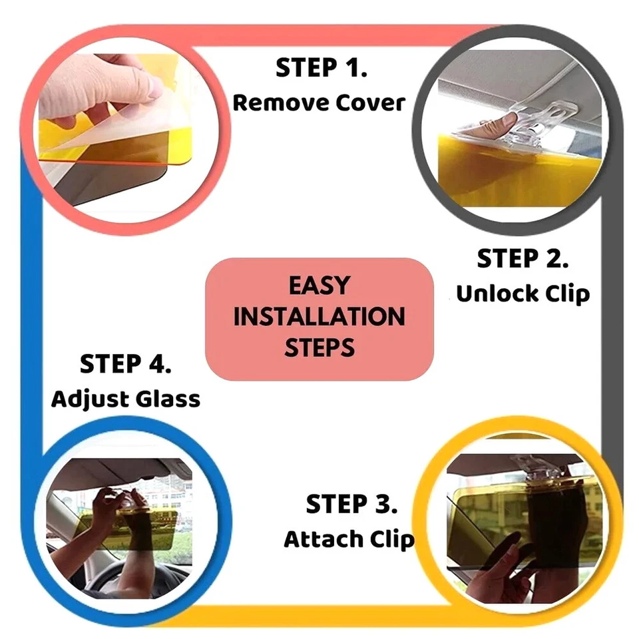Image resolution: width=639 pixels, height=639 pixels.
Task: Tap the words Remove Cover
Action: pos(319,103)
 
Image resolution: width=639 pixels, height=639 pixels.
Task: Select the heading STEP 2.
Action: pos(523,260)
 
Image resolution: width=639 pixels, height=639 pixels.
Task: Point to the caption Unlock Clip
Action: pos(523,294)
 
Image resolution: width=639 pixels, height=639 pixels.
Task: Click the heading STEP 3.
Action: pos(351,505)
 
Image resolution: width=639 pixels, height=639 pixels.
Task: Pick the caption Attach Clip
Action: pos(349,539)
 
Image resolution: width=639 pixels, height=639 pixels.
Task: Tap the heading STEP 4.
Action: pos(126,364)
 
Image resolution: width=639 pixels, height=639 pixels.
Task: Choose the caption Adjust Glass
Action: pos(126,399)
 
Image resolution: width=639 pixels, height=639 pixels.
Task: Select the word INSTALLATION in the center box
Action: pos(319,317)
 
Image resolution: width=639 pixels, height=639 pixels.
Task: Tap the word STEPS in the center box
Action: pos(319,347)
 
